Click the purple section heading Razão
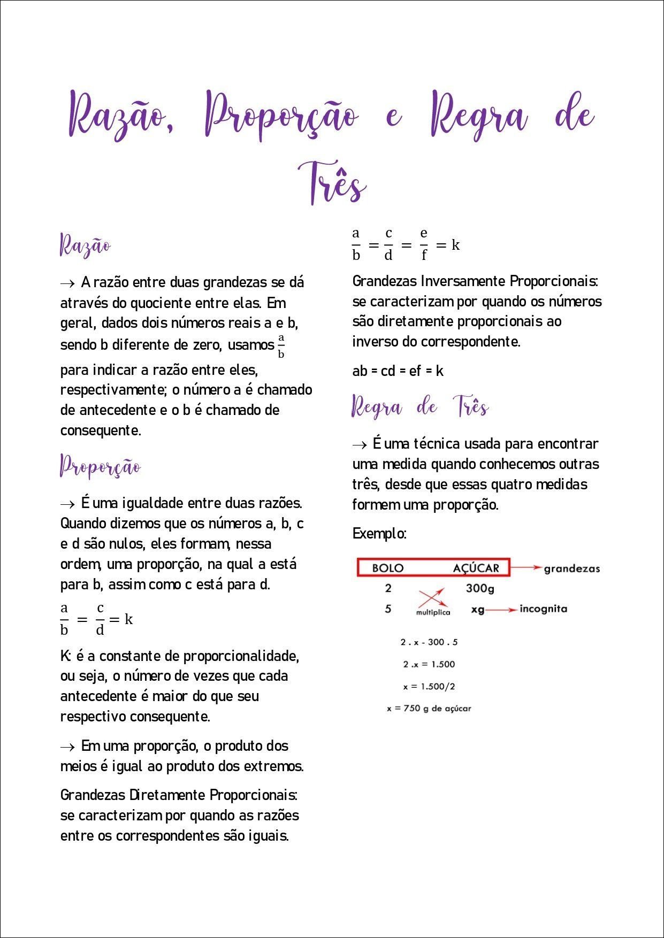85,245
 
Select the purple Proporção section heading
100,467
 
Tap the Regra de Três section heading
420,408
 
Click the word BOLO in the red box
387,568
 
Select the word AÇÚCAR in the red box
476,568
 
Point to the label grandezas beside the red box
571,568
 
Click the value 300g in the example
479,589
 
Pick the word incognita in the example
543,609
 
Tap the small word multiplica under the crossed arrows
433,612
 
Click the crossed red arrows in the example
431,597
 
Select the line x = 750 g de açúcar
429,709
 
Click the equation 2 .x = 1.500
429,664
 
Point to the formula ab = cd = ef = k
398,371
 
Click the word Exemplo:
379,533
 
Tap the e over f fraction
424,244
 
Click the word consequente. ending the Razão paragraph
101,430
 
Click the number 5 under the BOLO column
388,609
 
